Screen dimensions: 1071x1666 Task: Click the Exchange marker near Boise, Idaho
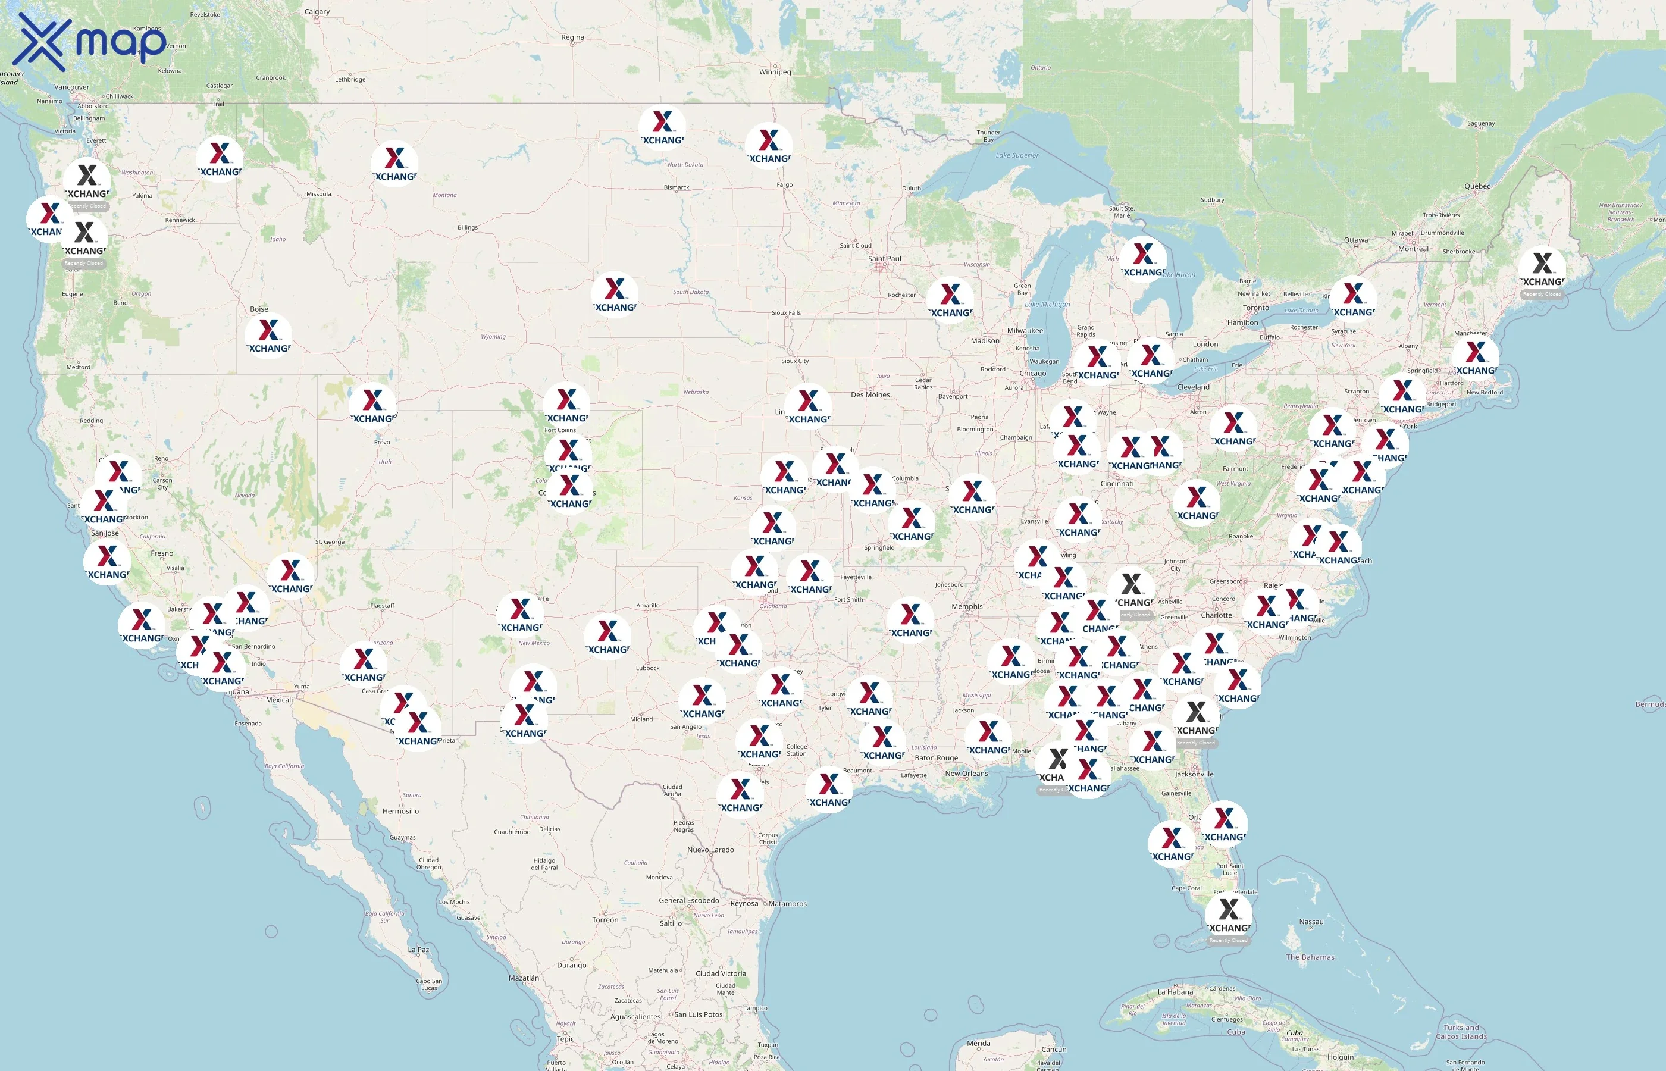(x=268, y=334)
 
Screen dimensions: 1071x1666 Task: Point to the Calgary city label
(x=317, y=12)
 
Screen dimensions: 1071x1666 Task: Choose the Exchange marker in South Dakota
(x=615, y=294)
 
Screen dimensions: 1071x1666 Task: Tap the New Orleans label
(x=966, y=773)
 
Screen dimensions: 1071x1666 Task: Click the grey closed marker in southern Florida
(x=1229, y=915)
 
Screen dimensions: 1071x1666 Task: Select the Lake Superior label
(x=1017, y=155)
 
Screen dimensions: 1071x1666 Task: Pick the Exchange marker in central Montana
(x=394, y=164)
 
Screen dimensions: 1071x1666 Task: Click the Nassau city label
(x=1311, y=922)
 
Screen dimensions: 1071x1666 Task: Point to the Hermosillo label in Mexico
(x=400, y=811)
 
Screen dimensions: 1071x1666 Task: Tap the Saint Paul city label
(x=884, y=259)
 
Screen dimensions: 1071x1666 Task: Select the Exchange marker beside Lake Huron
(x=1142, y=259)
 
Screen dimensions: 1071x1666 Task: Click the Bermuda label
(x=1649, y=704)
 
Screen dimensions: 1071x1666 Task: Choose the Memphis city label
(x=967, y=606)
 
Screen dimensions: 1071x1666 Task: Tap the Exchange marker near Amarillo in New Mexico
(x=607, y=636)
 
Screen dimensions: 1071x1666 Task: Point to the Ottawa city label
(x=1355, y=240)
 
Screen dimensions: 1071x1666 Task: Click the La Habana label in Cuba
(x=1175, y=992)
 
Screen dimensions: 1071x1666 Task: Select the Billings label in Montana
(x=467, y=227)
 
